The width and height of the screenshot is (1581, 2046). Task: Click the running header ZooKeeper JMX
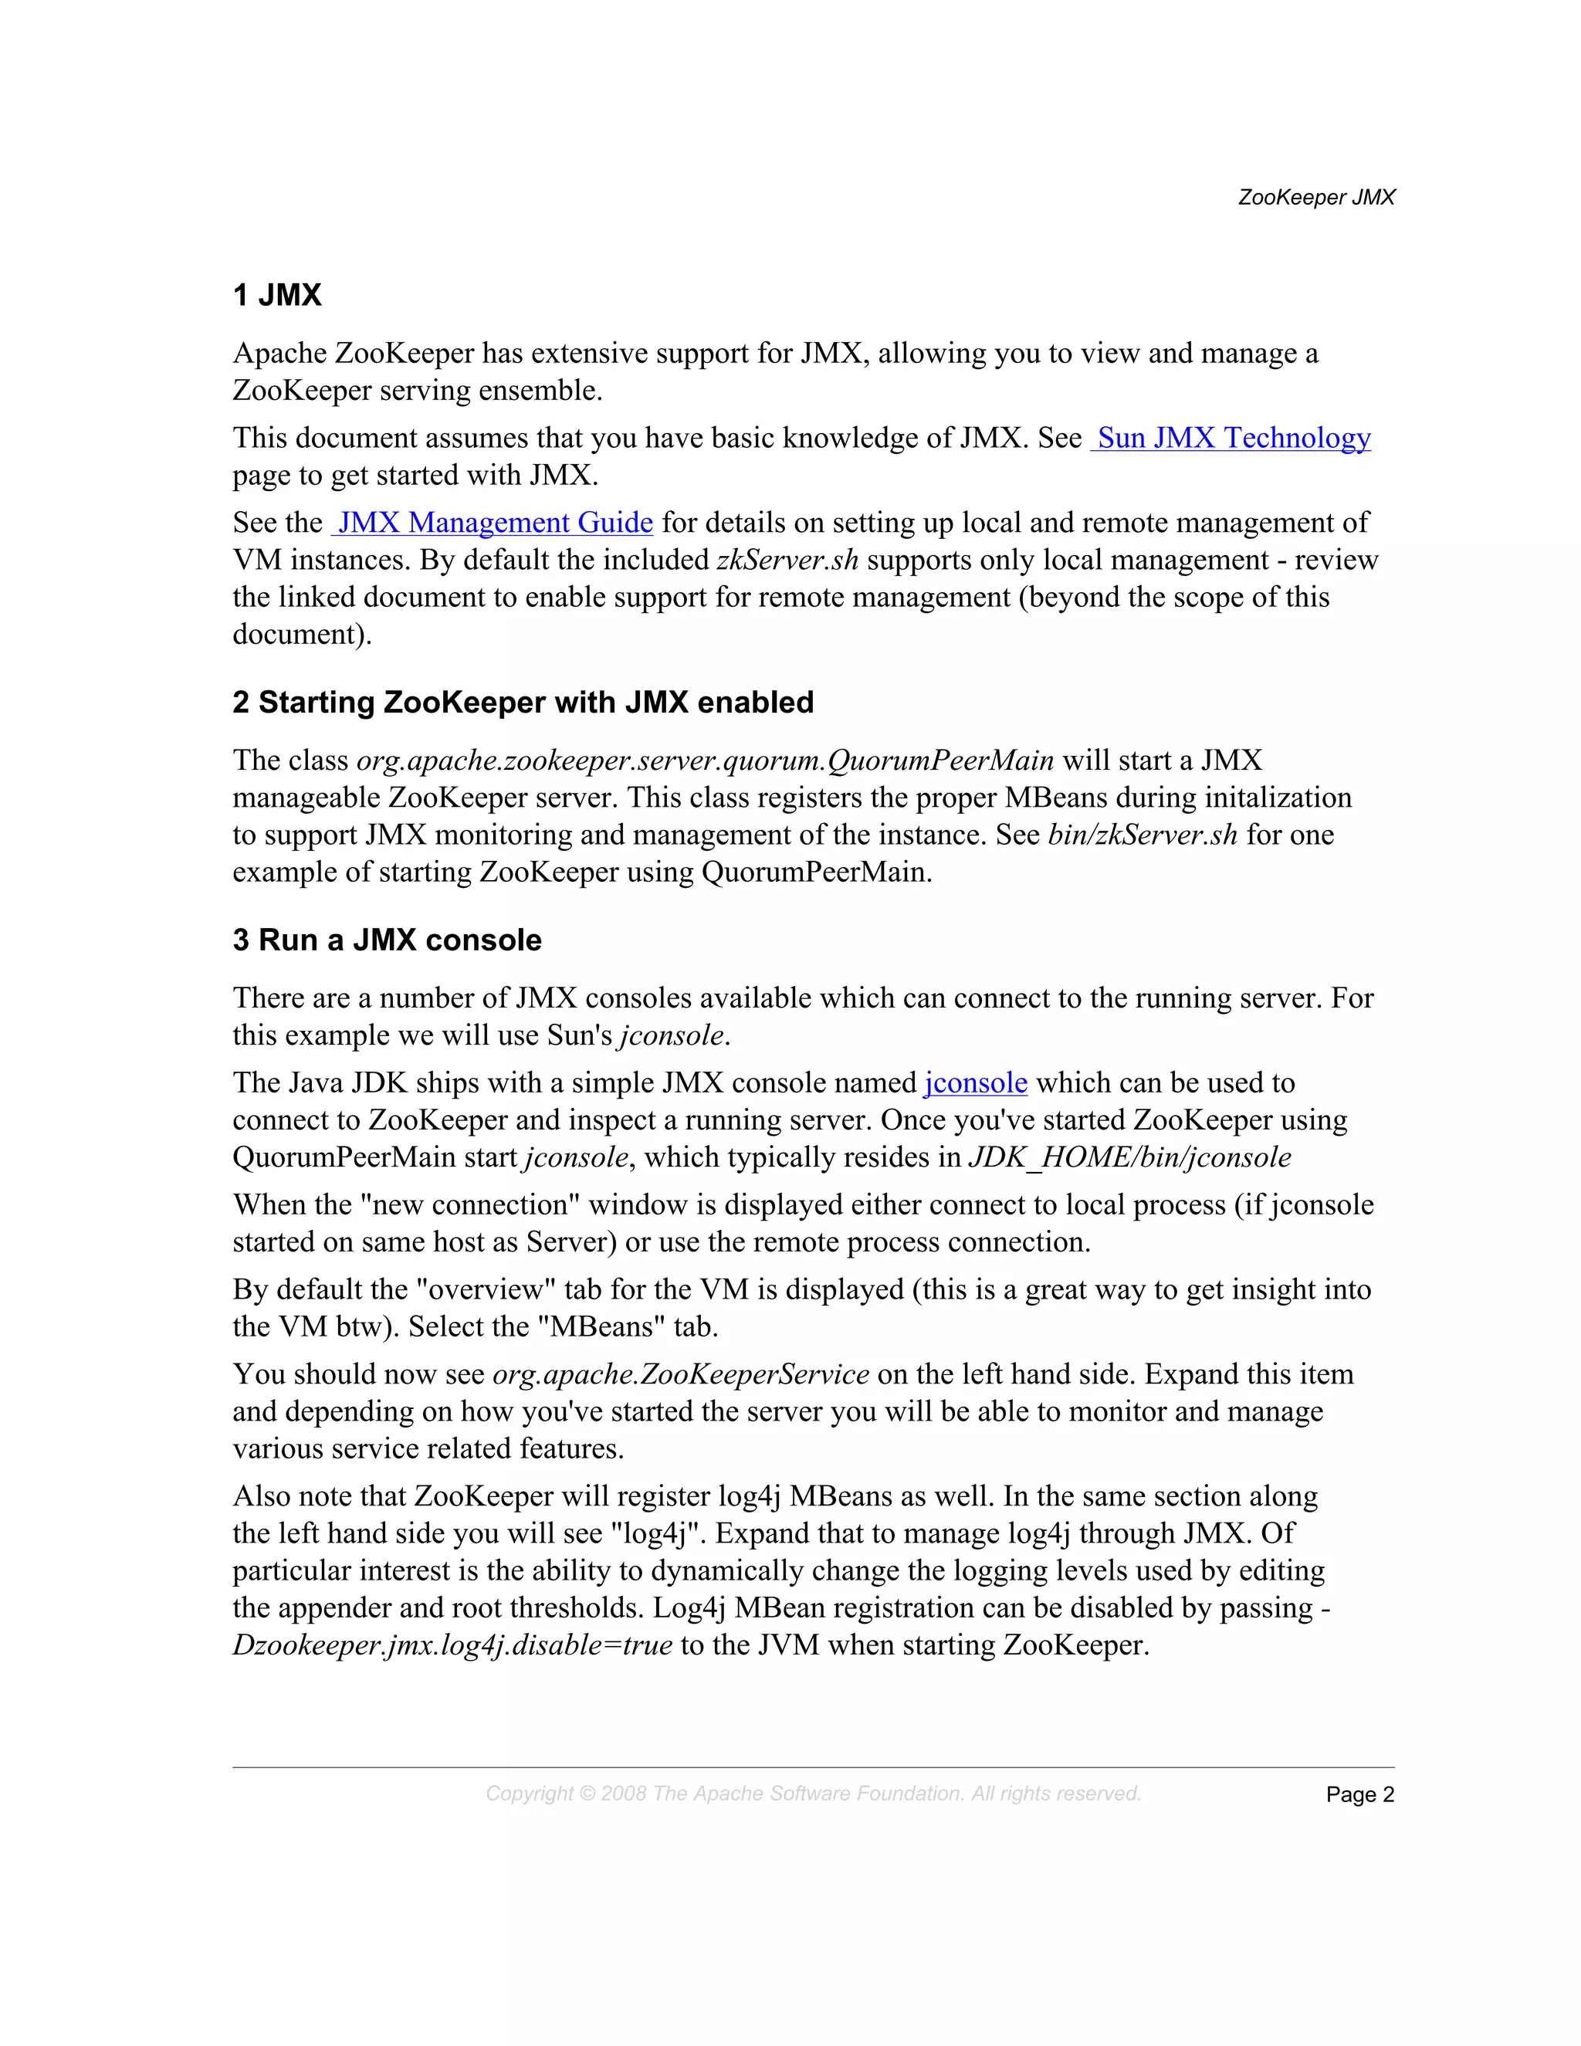1316,198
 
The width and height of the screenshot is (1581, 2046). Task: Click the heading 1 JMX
277,295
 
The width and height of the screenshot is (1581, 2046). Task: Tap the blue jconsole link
975,1083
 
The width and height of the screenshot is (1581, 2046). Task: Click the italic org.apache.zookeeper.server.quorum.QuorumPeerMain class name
704,760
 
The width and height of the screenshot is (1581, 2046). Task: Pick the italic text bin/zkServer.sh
1142,835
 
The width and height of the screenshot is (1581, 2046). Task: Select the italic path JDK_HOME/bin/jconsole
1129,1158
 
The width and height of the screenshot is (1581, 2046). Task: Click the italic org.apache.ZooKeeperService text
680,1374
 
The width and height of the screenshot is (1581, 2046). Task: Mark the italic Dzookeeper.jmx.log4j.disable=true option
452,1646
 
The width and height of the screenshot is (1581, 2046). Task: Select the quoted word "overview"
485,1290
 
